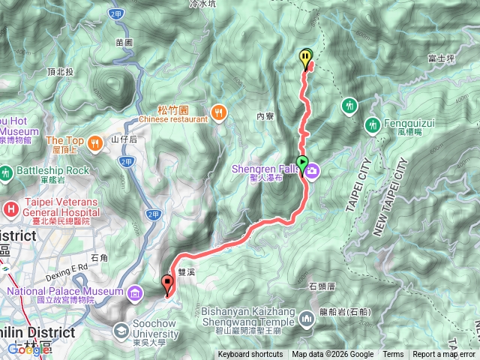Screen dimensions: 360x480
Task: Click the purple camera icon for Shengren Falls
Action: (x=311, y=172)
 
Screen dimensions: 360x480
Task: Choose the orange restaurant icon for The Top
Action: (x=94, y=142)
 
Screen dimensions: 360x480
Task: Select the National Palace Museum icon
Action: (x=134, y=291)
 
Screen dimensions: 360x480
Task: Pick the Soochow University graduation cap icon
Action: (x=121, y=330)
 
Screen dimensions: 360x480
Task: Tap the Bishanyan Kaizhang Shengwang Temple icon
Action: (x=305, y=320)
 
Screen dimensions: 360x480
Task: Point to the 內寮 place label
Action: (x=266, y=116)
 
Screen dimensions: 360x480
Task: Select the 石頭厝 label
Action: (x=322, y=286)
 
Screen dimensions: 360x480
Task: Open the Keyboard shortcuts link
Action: (x=250, y=355)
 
